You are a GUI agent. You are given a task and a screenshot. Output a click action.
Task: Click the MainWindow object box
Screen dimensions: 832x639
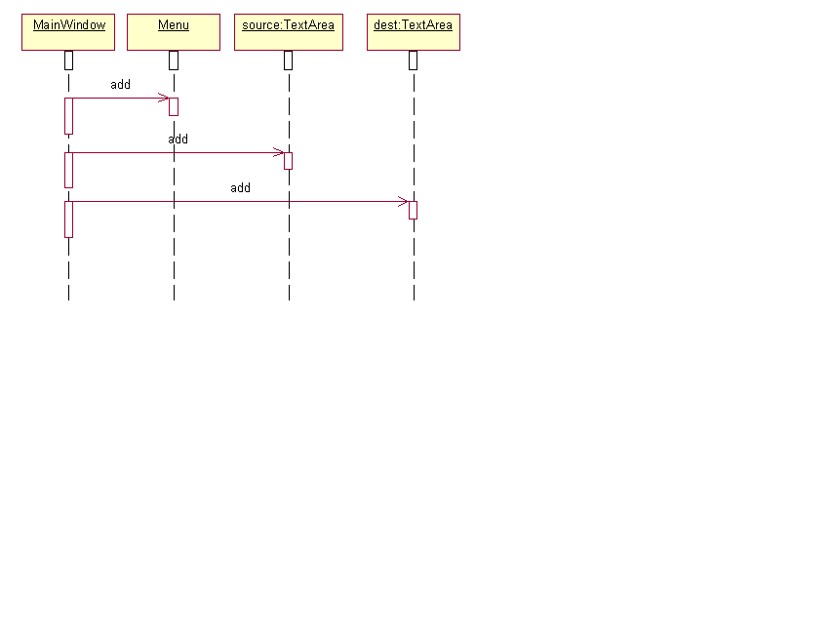(68, 32)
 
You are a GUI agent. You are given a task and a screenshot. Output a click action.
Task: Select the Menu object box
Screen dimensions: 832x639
(174, 32)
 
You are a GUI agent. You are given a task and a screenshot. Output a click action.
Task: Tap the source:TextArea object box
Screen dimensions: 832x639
(289, 32)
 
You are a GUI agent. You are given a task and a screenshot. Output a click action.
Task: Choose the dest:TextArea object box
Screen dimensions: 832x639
(414, 32)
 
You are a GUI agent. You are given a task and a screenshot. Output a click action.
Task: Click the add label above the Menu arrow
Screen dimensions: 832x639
(120, 84)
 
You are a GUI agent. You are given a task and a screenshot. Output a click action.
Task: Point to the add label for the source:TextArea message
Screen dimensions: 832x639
(178, 140)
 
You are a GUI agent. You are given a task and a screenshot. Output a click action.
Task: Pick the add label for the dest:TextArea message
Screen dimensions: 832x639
(240, 188)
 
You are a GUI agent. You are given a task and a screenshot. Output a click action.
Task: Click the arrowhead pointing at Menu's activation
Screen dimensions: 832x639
(164, 98)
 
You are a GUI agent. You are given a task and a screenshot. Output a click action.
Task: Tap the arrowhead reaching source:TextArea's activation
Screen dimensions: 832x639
(279, 153)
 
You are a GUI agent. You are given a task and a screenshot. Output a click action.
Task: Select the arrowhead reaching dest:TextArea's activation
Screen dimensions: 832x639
(403, 202)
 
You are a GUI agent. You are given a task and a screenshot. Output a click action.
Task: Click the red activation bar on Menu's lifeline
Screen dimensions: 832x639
(174, 106)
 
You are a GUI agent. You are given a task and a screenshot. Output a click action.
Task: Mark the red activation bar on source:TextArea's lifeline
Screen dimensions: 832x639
(288, 161)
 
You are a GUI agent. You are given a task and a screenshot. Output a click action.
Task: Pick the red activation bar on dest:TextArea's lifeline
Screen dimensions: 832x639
(414, 210)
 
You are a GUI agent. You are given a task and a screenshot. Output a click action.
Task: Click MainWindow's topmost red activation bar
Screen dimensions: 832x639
(68, 116)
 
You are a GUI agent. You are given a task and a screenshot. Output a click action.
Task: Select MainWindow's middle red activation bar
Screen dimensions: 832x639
(68, 171)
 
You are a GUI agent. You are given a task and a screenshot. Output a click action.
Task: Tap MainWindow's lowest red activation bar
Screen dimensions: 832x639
(68, 220)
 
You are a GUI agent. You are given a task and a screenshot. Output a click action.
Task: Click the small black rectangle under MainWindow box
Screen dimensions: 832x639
(68, 60)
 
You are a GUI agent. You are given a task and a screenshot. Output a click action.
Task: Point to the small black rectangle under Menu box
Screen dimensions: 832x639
(174, 60)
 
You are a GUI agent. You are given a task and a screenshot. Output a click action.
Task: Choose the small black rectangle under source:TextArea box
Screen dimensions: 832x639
(288, 60)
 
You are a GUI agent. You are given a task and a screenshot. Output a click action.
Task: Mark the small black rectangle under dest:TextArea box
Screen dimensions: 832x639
(414, 60)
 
